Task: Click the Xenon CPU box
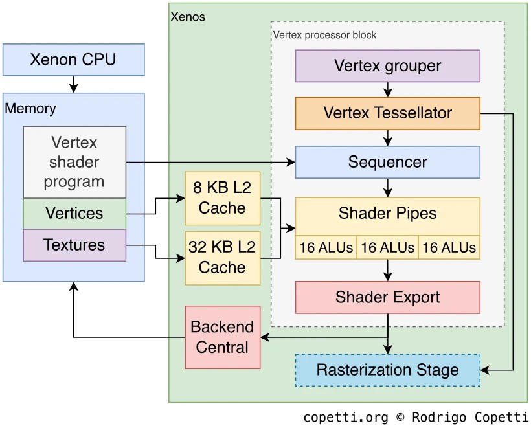[x=73, y=60]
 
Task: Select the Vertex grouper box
[x=387, y=65]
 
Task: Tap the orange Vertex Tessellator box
[x=387, y=113]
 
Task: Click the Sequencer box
[x=387, y=162]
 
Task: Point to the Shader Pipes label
[x=387, y=214]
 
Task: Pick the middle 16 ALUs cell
[x=387, y=247]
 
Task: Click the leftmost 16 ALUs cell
[x=326, y=247]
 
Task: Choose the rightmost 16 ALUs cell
[x=449, y=247]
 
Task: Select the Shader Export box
[x=387, y=297]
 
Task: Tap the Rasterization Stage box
[x=387, y=370]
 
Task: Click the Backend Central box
[x=222, y=337]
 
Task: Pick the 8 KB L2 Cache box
[x=222, y=198]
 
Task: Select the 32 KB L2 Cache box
[x=222, y=257]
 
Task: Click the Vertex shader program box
[x=74, y=162]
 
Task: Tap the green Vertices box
[x=74, y=213]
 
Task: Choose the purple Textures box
[x=74, y=245]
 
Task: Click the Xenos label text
[x=188, y=17]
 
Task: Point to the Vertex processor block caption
[x=324, y=34]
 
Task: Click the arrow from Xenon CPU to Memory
[x=73, y=84]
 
